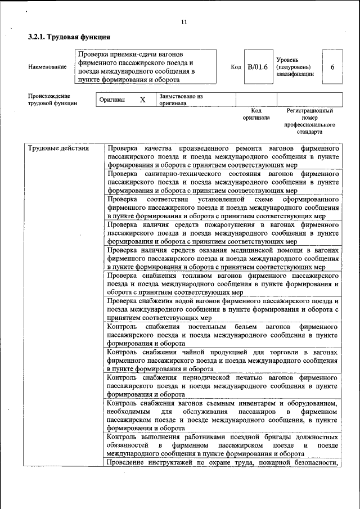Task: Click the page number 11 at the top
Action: pyautogui.click(x=184, y=22)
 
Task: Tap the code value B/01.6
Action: pyautogui.click(x=258, y=67)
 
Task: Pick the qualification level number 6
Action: pyautogui.click(x=332, y=67)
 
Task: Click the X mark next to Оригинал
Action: pyautogui.click(x=142, y=100)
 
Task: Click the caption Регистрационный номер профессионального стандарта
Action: pyautogui.click(x=310, y=121)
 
